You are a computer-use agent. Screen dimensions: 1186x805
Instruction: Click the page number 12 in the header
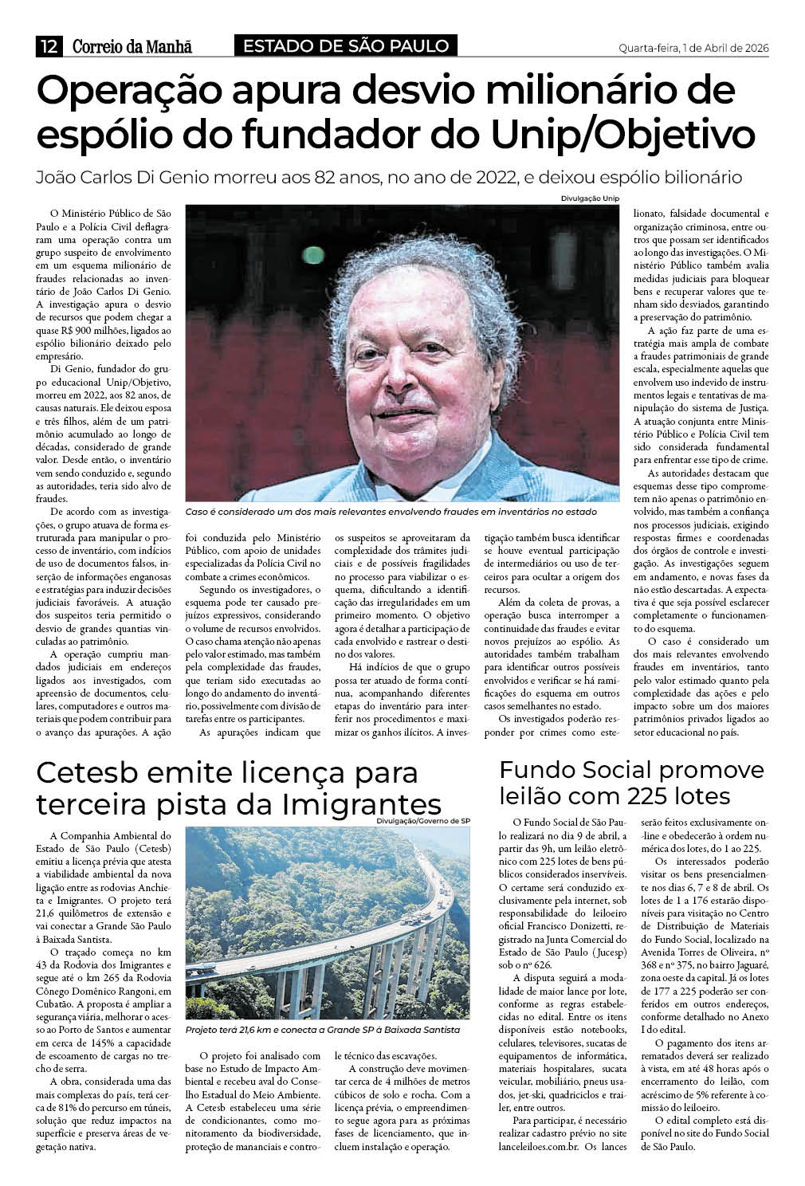(x=49, y=47)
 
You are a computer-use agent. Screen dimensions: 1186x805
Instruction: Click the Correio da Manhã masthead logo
(x=132, y=47)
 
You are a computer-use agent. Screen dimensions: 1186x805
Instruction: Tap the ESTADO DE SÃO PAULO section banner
(x=346, y=46)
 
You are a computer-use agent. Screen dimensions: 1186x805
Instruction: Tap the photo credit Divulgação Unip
(x=590, y=198)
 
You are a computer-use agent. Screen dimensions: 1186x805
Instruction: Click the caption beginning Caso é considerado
(x=391, y=511)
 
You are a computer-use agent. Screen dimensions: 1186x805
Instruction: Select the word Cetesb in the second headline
(x=87, y=772)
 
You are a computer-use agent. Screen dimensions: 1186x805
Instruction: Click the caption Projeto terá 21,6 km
(x=322, y=1030)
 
